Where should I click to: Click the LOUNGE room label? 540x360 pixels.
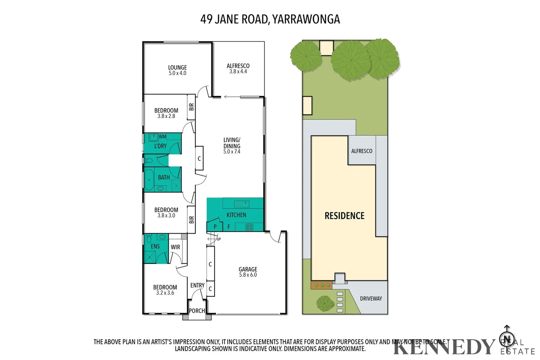[x=177, y=67]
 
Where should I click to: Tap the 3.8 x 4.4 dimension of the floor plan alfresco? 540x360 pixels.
[x=238, y=72]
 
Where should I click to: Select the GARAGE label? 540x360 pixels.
[x=248, y=269]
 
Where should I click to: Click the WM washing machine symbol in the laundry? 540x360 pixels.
[x=154, y=137]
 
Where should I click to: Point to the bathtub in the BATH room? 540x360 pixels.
[x=149, y=180]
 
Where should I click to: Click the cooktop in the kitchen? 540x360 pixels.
[x=249, y=227]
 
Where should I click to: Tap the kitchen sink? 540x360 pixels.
[x=241, y=204]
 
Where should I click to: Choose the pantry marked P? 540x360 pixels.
[x=215, y=227]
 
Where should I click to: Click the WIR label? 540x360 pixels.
[x=175, y=247]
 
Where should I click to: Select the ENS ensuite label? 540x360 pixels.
[x=155, y=246]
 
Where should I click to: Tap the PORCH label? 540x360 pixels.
[x=197, y=311]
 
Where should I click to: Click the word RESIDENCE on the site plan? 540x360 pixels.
[x=345, y=216]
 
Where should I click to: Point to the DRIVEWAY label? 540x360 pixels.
[x=371, y=299]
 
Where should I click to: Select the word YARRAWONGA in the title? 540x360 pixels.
[x=306, y=19]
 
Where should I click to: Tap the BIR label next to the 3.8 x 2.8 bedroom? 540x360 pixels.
[x=191, y=107]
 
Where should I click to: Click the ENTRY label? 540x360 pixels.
[x=197, y=285]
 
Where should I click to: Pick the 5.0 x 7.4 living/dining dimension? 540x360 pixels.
[x=232, y=152]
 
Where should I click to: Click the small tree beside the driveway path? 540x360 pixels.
[x=325, y=303]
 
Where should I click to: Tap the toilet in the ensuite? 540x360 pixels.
[x=149, y=239]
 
